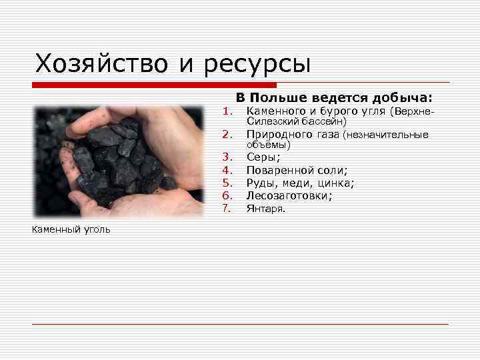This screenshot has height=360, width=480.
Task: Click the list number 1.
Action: coord(227,111)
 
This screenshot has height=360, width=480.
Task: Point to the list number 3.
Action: coord(227,157)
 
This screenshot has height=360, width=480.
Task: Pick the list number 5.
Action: coord(227,183)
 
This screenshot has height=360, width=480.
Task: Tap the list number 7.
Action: coord(227,209)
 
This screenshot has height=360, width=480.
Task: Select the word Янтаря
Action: coord(265,209)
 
